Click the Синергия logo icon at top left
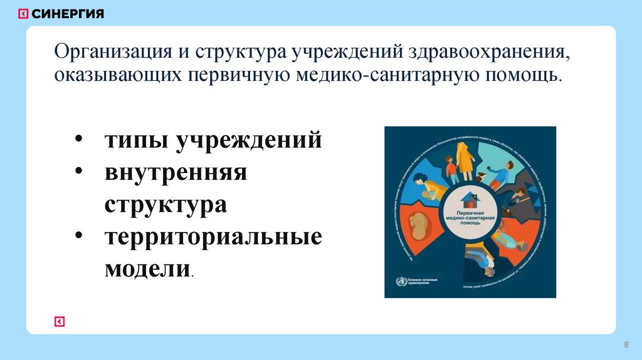click(x=23, y=14)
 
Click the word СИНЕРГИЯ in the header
click(x=68, y=14)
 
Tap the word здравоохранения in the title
click(x=489, y=51)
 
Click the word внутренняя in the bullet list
click(x=176, y=172)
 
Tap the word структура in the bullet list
click(x=166, y=204)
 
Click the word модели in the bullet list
click(x=147, y=270)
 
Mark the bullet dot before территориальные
click(x=82, y=237)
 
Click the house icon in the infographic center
click(x=470, y=199)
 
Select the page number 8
click(x=626, y=346)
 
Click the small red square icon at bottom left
click(x=60, y=321)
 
